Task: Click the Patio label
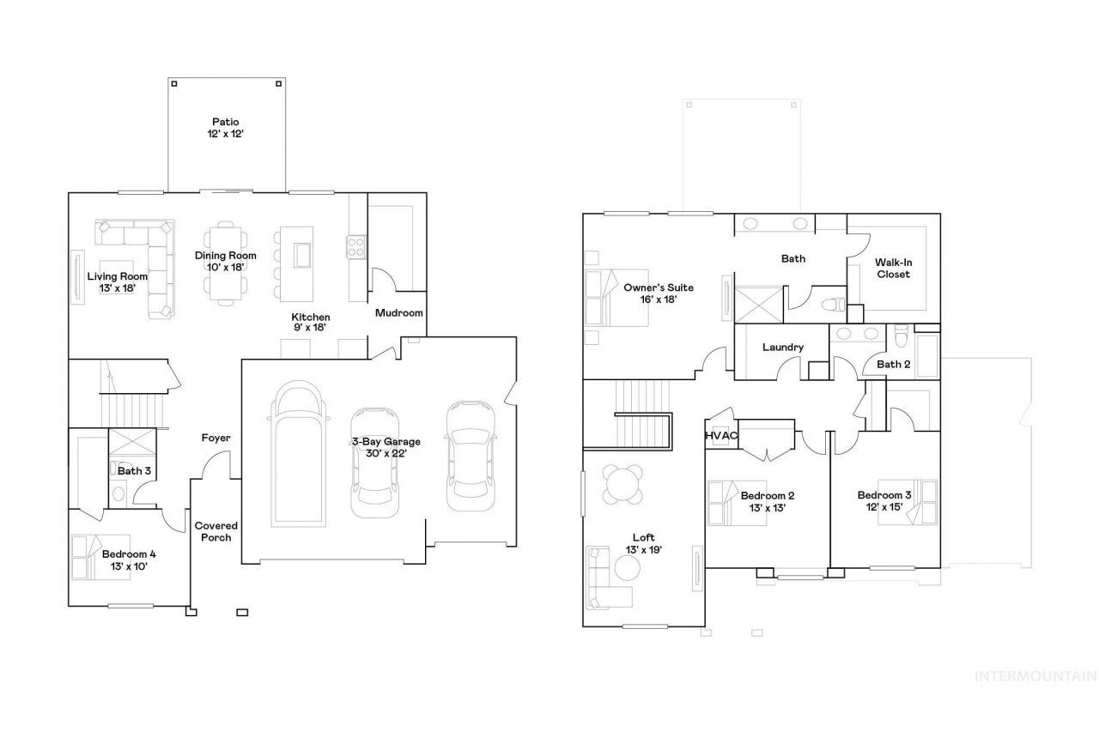226,122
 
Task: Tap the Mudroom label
399,313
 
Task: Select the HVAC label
721,436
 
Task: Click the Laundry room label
783,348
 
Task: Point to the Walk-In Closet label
894,269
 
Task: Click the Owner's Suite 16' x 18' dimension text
659,299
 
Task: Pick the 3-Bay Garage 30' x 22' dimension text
386,453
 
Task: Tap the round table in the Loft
622,484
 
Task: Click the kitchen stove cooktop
355,247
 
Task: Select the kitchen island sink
302,256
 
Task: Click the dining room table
226,263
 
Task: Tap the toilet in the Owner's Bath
834,305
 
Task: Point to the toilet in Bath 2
902,336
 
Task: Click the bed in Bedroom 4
101,558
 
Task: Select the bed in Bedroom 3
908,502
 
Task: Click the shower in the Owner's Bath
758,305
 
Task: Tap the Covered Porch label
216,531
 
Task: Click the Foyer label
216,438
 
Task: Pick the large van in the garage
298,454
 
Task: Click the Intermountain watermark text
1035,676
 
